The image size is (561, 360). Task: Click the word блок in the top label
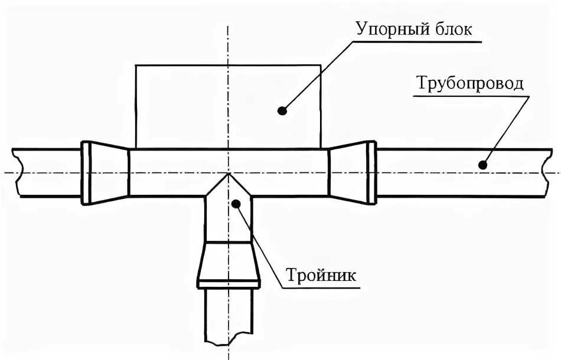[453, 30]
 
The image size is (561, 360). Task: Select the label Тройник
[322, 275]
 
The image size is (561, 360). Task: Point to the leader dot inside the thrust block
[283, 110]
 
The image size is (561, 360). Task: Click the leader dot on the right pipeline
[482, 165]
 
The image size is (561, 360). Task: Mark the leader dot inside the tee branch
[236, 204]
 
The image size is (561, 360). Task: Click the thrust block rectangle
[177, 106]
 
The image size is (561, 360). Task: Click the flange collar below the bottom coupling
[229, 284]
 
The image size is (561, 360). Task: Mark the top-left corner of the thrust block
[136, 65]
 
